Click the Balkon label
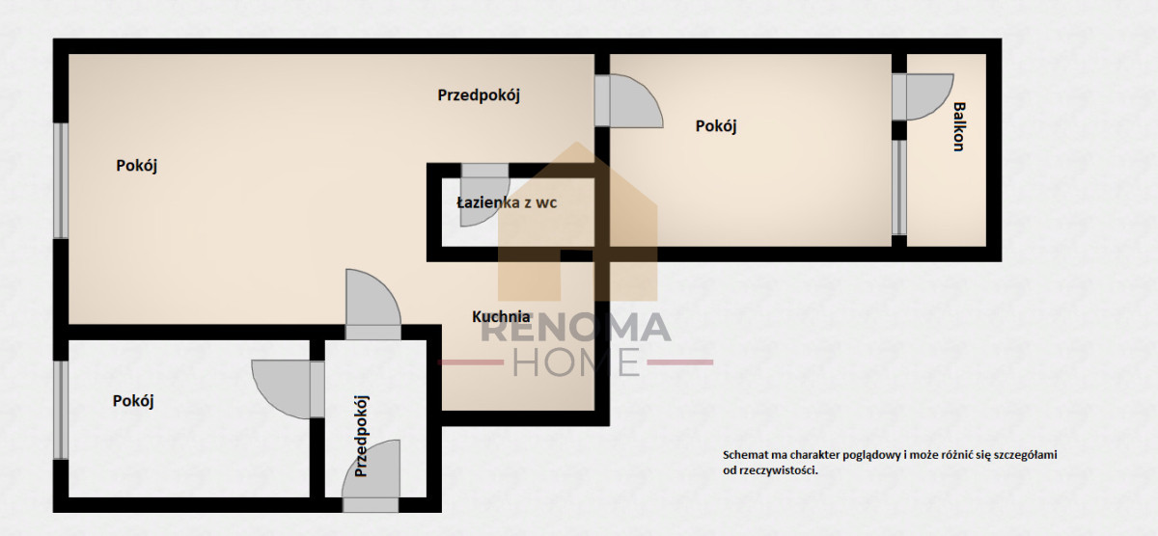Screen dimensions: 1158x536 click(x=959, y=126)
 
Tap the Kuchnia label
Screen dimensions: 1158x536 click(x=501, y=316)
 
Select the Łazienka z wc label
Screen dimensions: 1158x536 click(x=507, y=202)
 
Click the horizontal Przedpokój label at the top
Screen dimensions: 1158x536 click(x=479, y=95)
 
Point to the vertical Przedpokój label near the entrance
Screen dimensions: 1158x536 click(x=361, y=437)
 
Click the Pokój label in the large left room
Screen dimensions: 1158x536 click(x=136, y=166)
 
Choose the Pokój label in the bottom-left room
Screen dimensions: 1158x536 click(x=133, y=401)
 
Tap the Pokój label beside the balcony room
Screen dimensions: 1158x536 click(x=716, y=126)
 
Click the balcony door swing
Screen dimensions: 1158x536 click(x=924, y=97)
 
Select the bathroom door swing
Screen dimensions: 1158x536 click(x=484, y=195)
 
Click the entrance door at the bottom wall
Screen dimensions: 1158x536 click(x=371, y=476)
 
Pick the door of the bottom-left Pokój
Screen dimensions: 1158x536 click(x=288, y=389)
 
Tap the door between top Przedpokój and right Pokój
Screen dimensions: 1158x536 click(x=628, y=100)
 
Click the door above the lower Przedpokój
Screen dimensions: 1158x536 click(x=372, y=305)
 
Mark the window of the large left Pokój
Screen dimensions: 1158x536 click(x=61, y=180)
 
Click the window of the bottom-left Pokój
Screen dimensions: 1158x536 click(x=61, y=410)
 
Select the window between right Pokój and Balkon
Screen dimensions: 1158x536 click(x=899, y=187)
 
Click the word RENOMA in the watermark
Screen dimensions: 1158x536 click(x=576, y=328)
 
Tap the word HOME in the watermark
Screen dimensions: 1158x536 click(x=575, y=362)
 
